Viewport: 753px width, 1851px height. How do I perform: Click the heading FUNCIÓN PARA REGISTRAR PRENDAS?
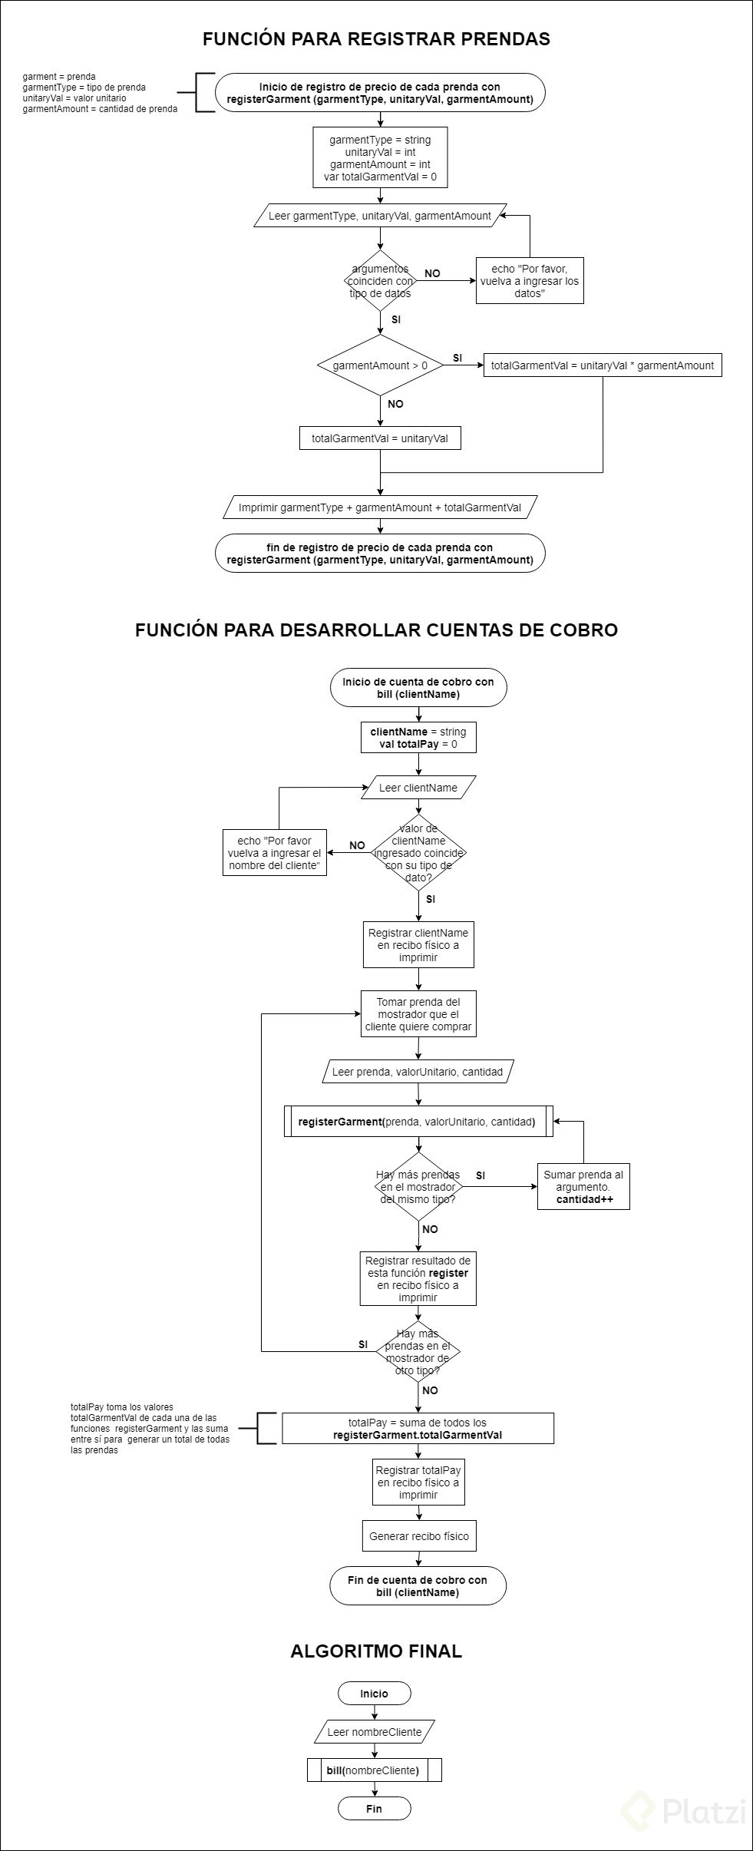(x=376, y=39)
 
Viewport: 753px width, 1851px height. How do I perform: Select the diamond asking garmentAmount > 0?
(x=380, y=365)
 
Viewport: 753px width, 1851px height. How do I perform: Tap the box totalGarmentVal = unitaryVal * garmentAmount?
(x=602, y=365)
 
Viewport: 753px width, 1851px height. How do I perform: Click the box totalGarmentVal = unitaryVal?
(x=380, y=438)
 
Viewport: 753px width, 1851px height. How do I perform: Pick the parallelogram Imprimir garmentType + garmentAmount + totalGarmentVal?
(x=380, y=507)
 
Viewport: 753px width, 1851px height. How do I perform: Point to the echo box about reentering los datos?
(x=529, y=280)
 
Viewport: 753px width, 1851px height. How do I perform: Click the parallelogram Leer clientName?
(x=418, y=788)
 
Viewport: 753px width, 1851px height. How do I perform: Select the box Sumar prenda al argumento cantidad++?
(x=583, y=1187)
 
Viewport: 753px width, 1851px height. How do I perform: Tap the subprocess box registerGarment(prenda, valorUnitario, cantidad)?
(x=418, y=1122)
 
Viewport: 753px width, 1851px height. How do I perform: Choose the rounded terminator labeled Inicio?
(x=374, y=1694)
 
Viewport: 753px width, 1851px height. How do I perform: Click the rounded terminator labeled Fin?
(x=374, y=1809)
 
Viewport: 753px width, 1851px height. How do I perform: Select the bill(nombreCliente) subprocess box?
(x=374, y=1770)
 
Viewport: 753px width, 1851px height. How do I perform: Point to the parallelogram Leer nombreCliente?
(x=374, y=1732)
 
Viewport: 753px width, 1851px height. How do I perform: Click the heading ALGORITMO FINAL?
(x=376, y=1651)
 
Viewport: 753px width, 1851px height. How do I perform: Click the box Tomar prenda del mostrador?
(x=418, y=1014)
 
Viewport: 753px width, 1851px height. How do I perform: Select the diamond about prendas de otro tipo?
(x=418, y=1352)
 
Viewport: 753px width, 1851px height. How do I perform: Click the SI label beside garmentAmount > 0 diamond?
(x=457, y=358)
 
